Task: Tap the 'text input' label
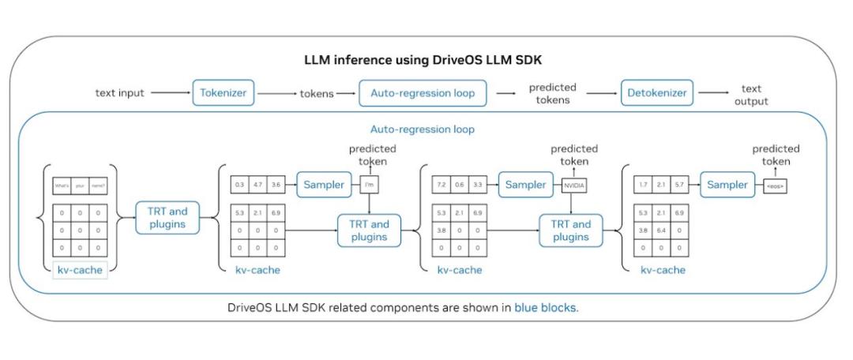tap(120, 93)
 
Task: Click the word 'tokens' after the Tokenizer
tap(316, 93)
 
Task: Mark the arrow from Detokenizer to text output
tap(714, 93)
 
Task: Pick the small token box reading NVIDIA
tap(575, 186)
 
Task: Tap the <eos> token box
tap(776, 186)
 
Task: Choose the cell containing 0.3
tap(239, 186)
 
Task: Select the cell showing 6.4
tap(663, 231)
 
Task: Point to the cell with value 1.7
tap(643, 186)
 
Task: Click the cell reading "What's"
tap(62, 186)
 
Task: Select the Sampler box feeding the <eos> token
tap(727, 185)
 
